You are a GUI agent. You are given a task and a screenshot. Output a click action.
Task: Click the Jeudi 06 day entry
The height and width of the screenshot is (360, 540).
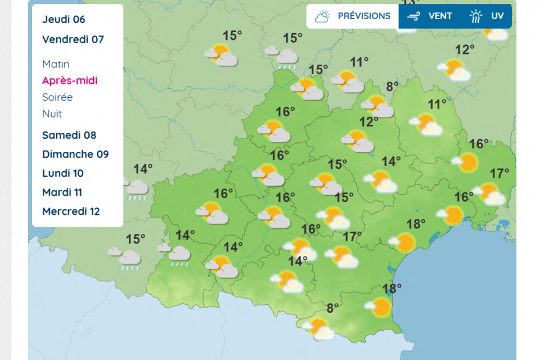64,19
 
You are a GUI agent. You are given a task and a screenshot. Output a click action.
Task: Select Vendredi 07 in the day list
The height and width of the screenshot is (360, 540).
73,39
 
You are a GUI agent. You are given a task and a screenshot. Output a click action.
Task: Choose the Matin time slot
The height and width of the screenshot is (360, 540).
56,64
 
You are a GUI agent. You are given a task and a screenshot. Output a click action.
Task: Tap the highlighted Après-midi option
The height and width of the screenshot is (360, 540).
70,80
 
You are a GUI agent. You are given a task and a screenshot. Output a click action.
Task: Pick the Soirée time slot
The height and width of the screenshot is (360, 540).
57,97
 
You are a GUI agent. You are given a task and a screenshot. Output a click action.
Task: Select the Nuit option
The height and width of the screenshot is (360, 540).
52,114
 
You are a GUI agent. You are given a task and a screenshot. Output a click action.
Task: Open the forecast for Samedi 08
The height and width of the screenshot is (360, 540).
69,135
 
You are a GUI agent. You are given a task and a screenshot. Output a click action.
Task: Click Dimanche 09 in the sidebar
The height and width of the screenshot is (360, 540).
75,154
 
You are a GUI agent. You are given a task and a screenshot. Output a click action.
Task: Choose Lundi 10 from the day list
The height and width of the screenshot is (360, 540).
63,173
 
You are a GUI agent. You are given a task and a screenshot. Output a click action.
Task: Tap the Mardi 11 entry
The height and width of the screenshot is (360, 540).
62,192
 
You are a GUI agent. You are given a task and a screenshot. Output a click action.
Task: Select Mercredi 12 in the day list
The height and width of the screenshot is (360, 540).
71,211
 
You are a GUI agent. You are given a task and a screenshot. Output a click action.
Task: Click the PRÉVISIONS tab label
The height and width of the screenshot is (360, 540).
364,16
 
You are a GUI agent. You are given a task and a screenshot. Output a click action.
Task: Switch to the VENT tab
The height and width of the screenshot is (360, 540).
440,16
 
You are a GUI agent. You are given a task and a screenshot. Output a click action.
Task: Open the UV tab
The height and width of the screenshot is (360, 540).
497,16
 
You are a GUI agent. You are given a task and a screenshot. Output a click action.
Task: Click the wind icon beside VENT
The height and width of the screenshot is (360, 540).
415,16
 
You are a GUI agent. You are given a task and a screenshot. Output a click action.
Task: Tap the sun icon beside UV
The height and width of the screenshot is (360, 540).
476,16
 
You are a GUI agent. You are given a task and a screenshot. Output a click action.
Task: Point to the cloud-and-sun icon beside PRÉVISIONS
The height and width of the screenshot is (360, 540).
322,16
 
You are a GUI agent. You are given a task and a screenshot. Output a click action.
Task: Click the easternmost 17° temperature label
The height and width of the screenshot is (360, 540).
499,173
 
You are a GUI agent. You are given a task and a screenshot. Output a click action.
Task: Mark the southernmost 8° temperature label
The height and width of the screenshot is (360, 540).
333,308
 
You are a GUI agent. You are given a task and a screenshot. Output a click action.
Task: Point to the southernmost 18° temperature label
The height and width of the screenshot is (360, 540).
392,289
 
